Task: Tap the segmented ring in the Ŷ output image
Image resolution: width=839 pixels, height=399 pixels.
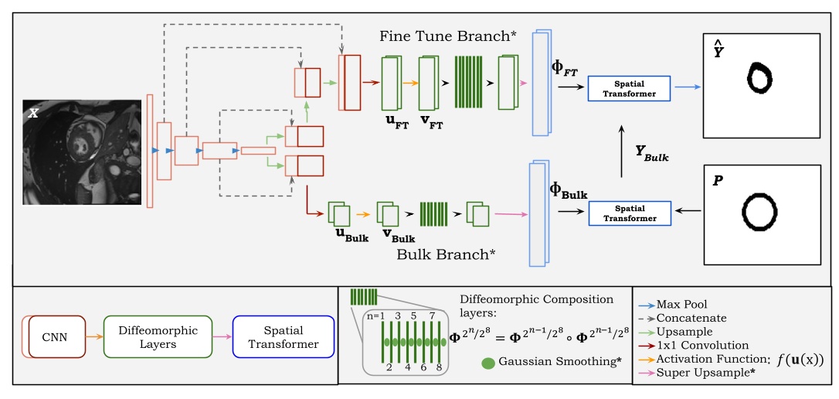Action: pos(759,77)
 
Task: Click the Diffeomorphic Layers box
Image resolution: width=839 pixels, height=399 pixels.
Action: pos(158,337)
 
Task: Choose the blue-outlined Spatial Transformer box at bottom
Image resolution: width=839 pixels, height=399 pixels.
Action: pos(283,337)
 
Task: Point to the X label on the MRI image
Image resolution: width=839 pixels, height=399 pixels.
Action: pos(34,113)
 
